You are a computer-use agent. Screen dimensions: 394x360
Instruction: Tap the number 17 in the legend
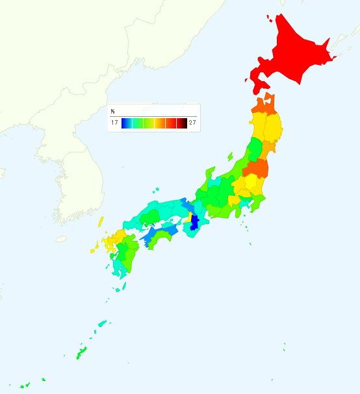click(114, 123)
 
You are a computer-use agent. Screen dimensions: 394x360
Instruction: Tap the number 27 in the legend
click(192, 123)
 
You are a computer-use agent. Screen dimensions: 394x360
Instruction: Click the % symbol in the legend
click(112, 112)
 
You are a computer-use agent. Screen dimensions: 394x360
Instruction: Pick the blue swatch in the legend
click(127, 123)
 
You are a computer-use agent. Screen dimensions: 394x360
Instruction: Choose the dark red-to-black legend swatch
click(182, 123)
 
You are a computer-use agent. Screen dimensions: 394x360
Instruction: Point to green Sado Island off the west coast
click(230, 156)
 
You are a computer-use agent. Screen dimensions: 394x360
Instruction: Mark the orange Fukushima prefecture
click(255, 169)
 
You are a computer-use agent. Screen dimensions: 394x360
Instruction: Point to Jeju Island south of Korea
click(61, 239)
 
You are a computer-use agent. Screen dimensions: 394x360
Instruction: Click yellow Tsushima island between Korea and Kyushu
click(101, 221)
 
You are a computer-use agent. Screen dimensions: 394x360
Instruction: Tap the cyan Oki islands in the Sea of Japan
click(156, 190)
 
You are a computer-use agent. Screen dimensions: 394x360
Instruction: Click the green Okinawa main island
click(81, 353)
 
